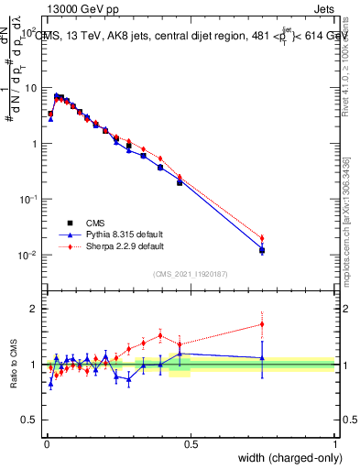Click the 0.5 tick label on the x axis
point(191,443)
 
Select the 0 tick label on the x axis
point(46,443)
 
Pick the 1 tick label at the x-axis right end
point(335,443)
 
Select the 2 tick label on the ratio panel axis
point(35,309)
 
